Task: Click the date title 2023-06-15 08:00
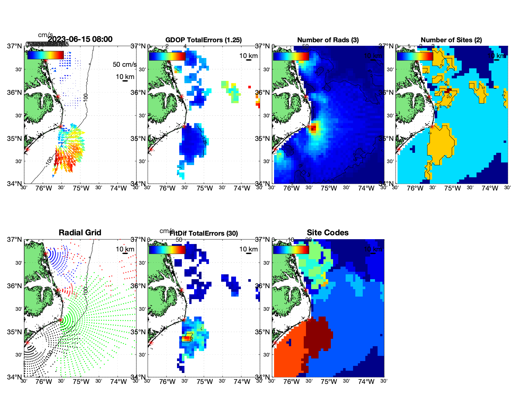point(80,39)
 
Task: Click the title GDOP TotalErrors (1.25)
point(203,40)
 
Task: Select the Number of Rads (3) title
point(328,40)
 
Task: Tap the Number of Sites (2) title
point(451,40)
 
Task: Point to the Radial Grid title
point(80,233)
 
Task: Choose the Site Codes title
point(328,233)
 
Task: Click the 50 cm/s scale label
point(124,64)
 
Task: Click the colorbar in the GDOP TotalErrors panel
point(167,56)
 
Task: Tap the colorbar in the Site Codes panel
point(291,250)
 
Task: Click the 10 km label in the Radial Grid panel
point(125,249)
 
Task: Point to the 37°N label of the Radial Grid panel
point(15,240)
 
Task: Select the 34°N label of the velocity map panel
point(15,184)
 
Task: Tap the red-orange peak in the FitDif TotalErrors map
point(186,338)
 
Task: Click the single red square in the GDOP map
point(250,87)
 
